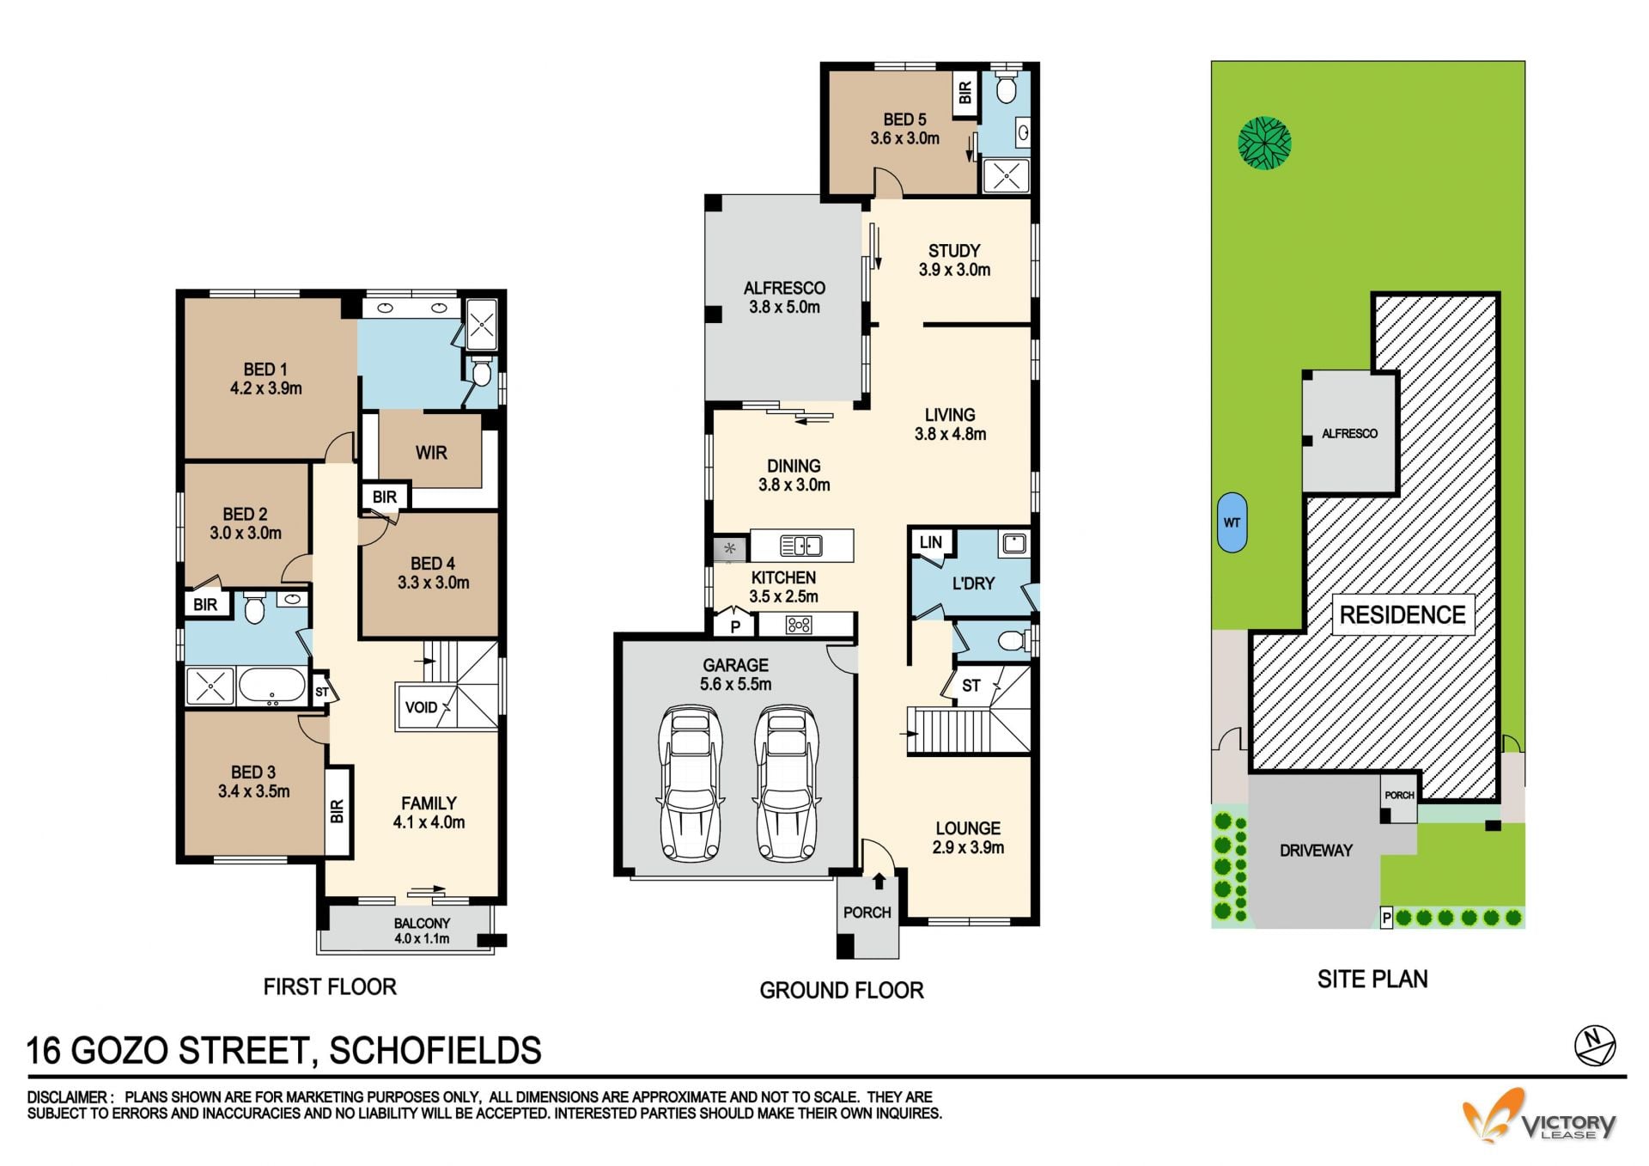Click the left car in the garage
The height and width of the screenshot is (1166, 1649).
pyautogui.click(x=690, y=783)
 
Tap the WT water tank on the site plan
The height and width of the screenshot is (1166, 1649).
pyautogui.click(x=1232, y=522)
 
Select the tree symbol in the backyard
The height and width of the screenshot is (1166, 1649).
pyautogui.click(x=1264, y=143)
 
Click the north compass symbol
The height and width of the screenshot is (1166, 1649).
pyautogui.click(x=1595, y=1046)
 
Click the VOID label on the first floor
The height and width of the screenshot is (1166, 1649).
pyautogui.click(x=421, y=707)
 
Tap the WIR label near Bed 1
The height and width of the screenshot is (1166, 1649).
pyautogui.click(x=431, y=453)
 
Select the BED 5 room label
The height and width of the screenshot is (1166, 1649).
pyautogui.click(x=905, y=119)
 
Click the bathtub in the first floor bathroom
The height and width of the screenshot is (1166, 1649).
pyautogui.click(x=271, y=687)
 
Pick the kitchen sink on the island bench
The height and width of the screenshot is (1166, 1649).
pyautogui.click(x=800, y=546)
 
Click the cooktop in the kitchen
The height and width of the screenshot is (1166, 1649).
pyautogui.click(x=799, y=625)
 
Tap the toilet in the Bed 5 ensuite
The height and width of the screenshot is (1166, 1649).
pyautogui.click(x=1007, y=88)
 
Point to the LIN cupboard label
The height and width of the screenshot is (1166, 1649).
pyautogui.click(x=931, y=542)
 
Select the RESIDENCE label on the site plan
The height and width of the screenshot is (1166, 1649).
pyautogui.click(x=1403, y=614)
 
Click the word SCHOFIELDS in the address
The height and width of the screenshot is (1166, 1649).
pyautogui.click(x=435, y=1051)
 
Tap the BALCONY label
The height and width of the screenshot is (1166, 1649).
pyautogui.click(x=422, y=923)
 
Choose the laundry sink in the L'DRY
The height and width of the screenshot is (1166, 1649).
pyautogui.click(x=1014, y=543)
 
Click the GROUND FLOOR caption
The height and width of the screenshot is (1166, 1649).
pyautogui.click(x=842, y=991)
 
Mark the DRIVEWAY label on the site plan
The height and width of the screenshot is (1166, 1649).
pyautogui.click(x=1316, y=851)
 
